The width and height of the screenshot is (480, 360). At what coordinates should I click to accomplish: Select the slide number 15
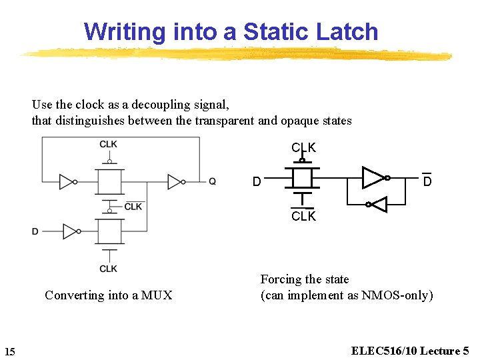(x=10, y=351)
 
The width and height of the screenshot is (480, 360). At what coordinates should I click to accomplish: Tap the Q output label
(x=212, y=181)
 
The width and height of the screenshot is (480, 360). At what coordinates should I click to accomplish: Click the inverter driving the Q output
(x=176, y=181)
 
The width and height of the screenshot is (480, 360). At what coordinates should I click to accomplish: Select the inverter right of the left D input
(x=71, y=231)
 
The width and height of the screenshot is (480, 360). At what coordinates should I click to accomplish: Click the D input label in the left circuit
(x=35, y=231)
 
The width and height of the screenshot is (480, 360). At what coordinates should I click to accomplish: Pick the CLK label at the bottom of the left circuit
(x=109, y=269)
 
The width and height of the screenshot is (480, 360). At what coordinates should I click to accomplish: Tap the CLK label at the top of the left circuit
(x=109, y=145)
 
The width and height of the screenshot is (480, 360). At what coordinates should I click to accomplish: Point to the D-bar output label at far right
(x=427, y=181)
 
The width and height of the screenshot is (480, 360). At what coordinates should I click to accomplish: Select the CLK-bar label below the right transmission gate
(x=303, y=216)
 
